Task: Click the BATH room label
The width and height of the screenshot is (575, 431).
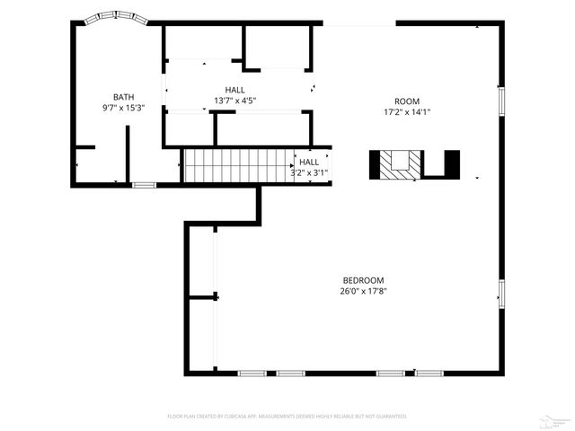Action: click(x=124, y=97)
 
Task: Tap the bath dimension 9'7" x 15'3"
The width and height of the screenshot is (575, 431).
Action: click(x=124, y=108)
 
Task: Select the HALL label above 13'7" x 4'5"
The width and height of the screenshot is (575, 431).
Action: click(x=235, y=90)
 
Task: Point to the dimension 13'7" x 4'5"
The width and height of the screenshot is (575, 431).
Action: click(x=235, y=101)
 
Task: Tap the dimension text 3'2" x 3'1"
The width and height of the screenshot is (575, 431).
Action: click(x=308, y=172)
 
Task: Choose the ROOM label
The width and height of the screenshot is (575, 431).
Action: click(x=406, y=101)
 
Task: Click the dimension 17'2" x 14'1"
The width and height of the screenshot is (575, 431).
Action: click(x=406, y=112)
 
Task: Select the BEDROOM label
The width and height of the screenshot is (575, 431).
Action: click(x=362, y=280)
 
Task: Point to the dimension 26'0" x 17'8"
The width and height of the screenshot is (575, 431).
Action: click(x=362, y=291)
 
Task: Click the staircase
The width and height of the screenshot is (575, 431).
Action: click(x=238, y=166)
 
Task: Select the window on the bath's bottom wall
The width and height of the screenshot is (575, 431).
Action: click(x=144, y=185)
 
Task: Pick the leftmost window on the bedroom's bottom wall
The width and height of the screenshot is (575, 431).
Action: click(x=252, y=373)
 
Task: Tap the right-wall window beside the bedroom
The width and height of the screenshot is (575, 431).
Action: click(x=501, y=292)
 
